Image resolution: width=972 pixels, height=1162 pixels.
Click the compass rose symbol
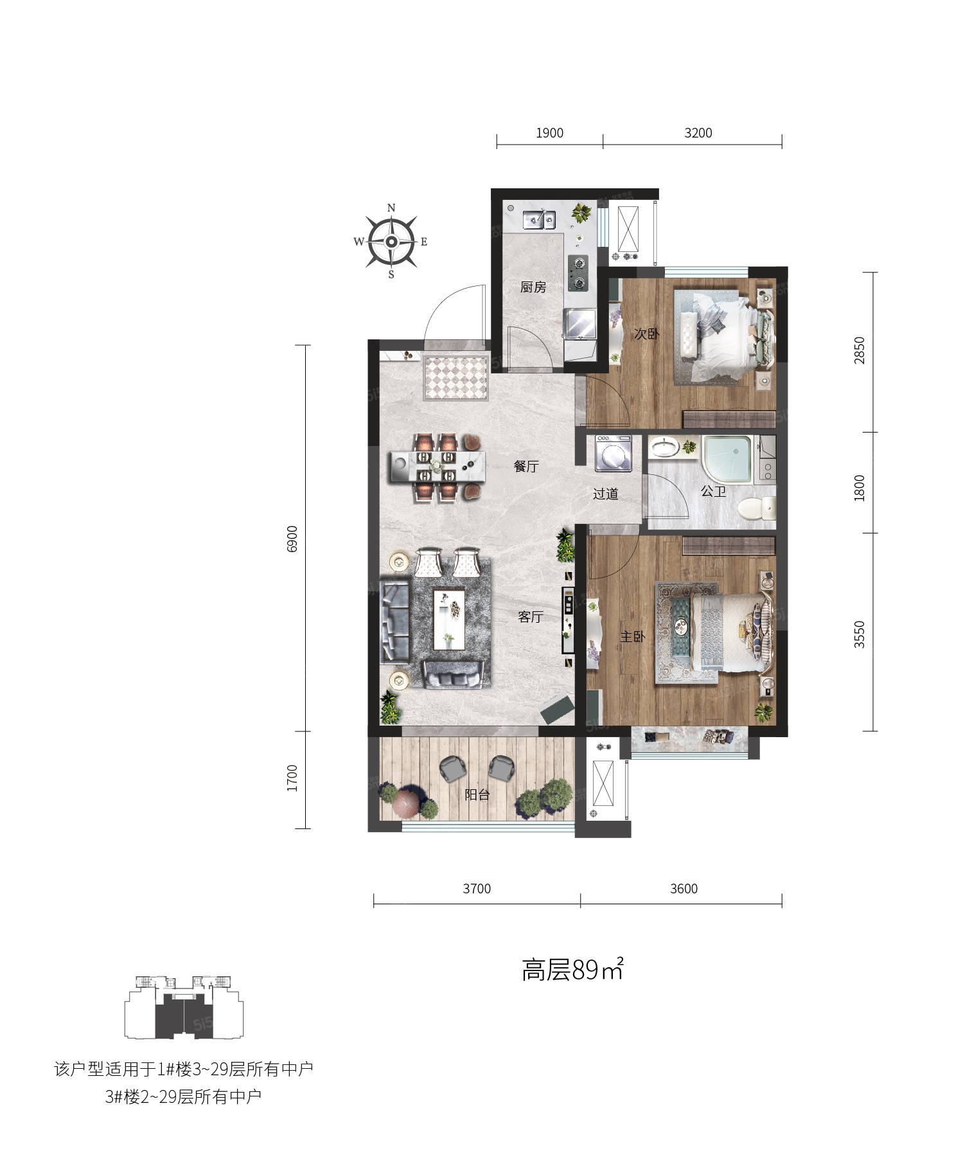[x=391, y=242]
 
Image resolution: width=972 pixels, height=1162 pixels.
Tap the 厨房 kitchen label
[x=533, y=287]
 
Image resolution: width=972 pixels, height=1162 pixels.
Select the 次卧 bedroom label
[x=647, y=334]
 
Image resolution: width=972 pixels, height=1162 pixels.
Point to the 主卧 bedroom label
[x=632, y=636]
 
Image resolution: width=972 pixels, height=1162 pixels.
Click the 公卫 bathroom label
[x=713, y=492]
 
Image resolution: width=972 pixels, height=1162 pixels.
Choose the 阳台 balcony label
[x=477, y=794]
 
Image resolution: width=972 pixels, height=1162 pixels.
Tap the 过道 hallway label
[x=605, y=494]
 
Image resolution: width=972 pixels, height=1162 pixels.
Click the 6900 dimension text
[x=293, y=539]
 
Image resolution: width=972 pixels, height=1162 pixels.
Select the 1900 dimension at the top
[x=549, y=133]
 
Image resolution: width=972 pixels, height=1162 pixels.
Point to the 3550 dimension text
[x=860, y=634]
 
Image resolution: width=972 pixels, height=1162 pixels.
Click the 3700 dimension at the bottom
[x=477, y=889]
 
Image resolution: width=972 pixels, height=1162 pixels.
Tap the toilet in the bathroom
[x=756, y=509]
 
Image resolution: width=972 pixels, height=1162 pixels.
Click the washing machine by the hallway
[x=614, y=453]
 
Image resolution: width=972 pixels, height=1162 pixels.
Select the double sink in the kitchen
[x=539, y=220]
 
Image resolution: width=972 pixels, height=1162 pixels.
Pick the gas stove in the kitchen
[x=578, y=273]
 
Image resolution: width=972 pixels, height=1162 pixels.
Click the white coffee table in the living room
[x=450, y=620]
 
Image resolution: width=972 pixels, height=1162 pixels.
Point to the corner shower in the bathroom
[x=727, y=461]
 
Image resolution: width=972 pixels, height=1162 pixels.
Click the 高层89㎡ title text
[x=572, y=969]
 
